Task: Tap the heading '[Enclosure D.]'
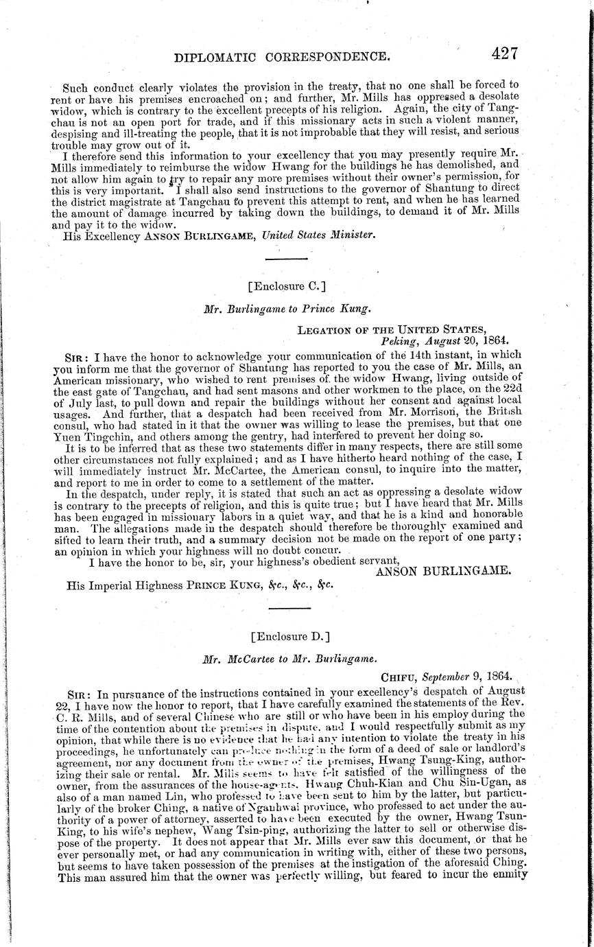coord(285,636)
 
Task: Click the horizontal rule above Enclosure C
coord(285,259)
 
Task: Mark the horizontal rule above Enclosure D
coord(285,609)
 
